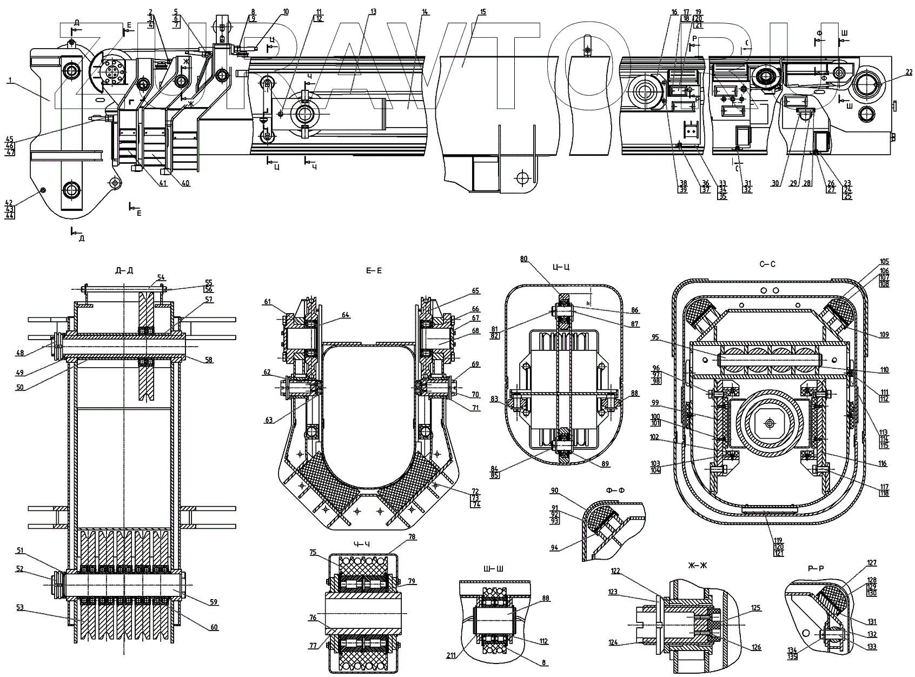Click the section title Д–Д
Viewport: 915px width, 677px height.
(124, 270)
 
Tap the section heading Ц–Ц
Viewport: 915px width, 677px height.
(561, 267)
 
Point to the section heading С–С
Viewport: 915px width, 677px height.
(767, 264)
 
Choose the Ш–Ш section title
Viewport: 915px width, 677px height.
(495, 568)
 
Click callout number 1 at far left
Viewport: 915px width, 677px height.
(9, 80)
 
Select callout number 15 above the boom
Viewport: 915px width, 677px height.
(482, 11)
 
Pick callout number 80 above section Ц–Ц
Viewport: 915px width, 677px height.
(523, 258)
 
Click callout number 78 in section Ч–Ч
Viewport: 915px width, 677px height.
(412, 537)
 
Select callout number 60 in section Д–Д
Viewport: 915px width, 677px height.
(214, 627)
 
